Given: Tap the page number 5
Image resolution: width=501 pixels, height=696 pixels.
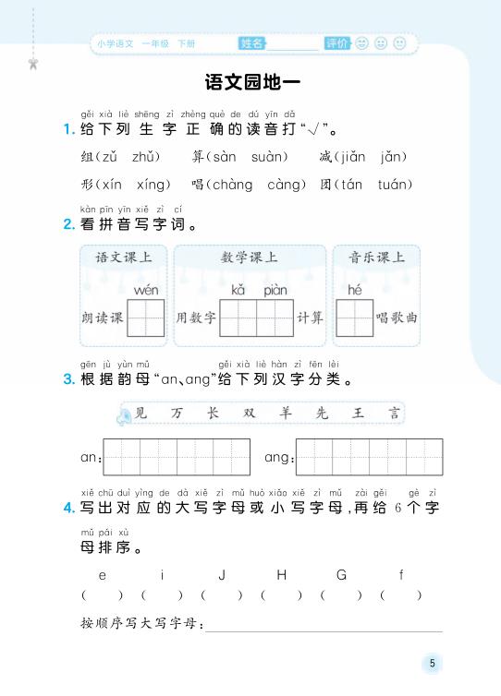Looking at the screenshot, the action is click(431, 663).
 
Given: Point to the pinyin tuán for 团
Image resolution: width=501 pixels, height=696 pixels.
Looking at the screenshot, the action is click(395, 185).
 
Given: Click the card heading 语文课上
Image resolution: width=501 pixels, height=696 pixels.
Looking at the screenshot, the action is click(124, 258).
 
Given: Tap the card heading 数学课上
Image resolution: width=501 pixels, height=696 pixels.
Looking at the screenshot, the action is click(250, 258).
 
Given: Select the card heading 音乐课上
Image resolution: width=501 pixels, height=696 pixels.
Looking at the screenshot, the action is click(376, 258).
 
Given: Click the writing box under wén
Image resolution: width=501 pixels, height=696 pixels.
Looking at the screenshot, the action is click(146, 318).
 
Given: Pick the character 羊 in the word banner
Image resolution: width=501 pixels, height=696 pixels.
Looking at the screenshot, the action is click(285, 414).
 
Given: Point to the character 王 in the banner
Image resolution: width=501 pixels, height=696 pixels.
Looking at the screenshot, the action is click(359, 414).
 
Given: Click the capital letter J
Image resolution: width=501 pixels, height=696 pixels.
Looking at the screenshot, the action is click(222, 575).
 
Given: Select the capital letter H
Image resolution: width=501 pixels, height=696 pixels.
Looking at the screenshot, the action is click(282, 575).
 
